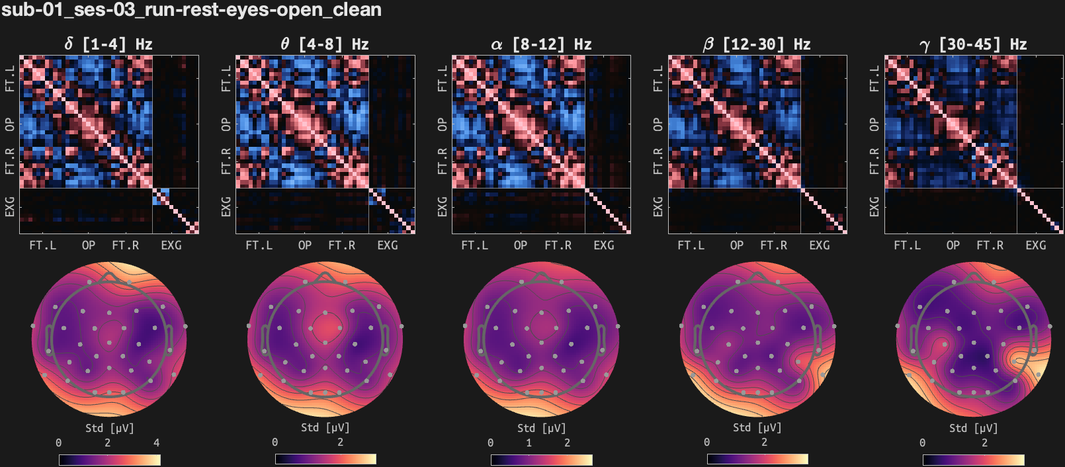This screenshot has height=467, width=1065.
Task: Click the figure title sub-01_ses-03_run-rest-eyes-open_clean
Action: point(191,10)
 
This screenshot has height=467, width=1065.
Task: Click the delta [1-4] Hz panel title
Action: point(108,44)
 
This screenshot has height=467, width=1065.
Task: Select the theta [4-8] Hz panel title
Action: point(325,44)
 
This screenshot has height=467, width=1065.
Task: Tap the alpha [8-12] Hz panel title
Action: point(541,44)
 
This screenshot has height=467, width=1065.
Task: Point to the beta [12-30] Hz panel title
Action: point(757,44)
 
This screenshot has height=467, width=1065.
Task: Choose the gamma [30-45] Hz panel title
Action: point(973,44)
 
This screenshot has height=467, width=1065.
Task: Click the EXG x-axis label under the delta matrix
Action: point(171,245)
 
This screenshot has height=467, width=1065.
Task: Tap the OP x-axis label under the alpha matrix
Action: point(521,245)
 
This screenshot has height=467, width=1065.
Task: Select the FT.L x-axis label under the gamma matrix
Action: point(907,245)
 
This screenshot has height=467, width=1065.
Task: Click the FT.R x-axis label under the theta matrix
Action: point(342,245)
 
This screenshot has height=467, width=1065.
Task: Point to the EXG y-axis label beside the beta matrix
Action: point(658,206)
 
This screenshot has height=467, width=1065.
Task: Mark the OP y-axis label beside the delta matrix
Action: point(10,124)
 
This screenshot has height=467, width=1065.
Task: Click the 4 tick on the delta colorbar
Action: point(157,443)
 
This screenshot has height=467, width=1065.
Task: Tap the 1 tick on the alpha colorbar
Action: point(529,443)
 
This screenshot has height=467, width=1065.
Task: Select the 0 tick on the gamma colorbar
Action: point(923,443)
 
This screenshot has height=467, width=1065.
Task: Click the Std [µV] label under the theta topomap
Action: point(325,428)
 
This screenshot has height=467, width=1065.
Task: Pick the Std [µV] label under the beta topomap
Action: point(757,428)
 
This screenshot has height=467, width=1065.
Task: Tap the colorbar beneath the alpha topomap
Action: point(541,459)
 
